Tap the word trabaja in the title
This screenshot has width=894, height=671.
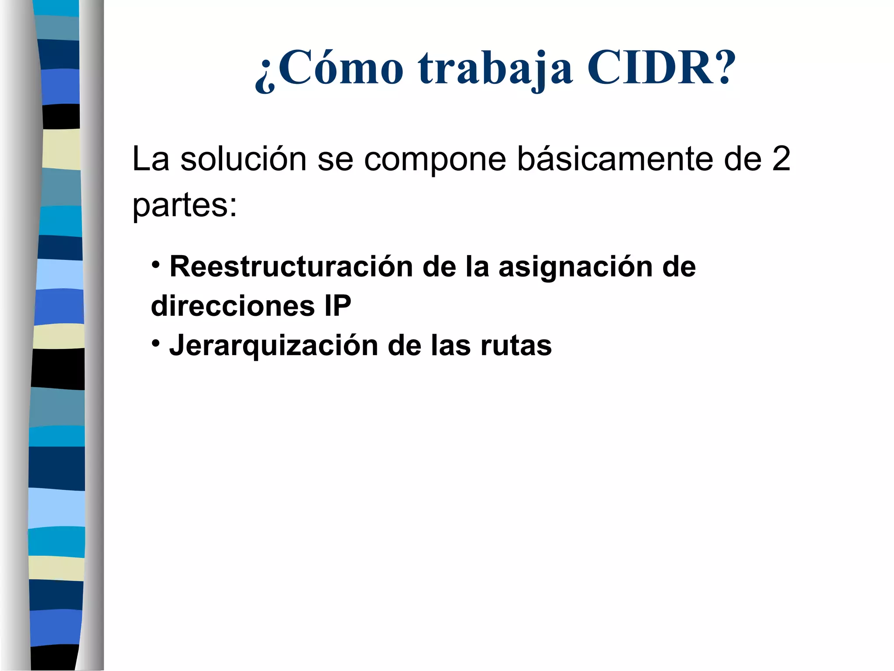495,70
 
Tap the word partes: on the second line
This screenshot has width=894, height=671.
185,205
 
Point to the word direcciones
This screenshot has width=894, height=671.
233,305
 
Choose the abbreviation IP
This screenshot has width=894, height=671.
337,305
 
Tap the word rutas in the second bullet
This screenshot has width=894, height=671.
516,346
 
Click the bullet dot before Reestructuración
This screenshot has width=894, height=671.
156,264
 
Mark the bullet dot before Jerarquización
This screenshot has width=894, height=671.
156,343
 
